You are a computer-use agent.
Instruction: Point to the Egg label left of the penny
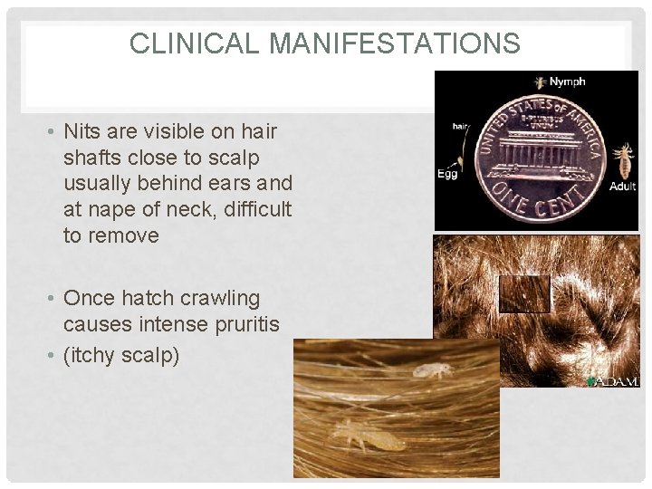pyautogui.click(x=447, y=174)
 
